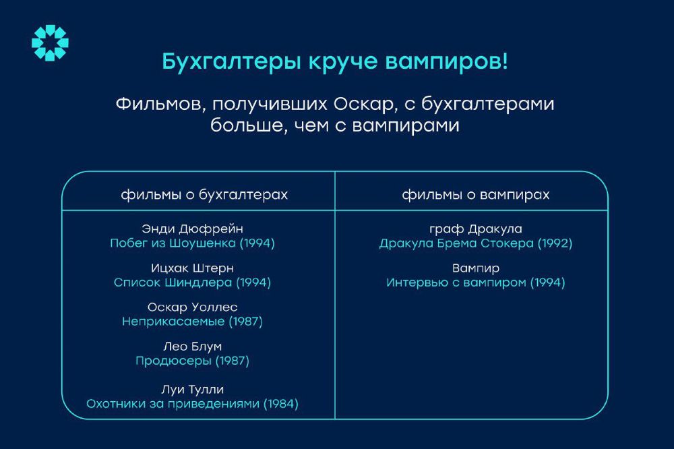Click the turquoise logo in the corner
(x=50, y=42)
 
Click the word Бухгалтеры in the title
(x=232, y=61)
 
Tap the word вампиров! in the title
(x=446, y=61)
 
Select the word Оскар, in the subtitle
(x=365, y=104)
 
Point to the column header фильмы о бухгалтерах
(x=204, y=195)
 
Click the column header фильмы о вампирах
(x=476, y=195)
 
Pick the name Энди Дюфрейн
(x=192, y=229)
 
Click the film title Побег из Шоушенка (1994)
(x=192, y=243)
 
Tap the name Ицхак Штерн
(x=192, y=268)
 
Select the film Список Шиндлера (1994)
(x=192, y=283)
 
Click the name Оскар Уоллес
(x=192, y=307)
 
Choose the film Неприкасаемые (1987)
(x=192, y=322)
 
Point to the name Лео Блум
(x=192, y=347)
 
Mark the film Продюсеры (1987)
(x=192, y=361)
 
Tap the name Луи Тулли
(x=192, y=390)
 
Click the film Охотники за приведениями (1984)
(x=192, y=404)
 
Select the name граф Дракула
(x=476, y=229)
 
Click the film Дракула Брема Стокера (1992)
(x=476, y=243)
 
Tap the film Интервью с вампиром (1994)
(x=476, y=283)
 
